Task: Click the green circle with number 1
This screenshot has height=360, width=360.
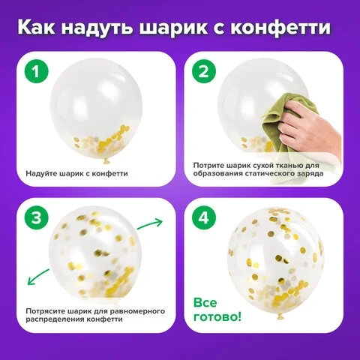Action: coord(36,72)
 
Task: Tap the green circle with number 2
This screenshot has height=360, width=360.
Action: coord(204,72)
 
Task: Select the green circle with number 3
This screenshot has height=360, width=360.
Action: coord(36,218)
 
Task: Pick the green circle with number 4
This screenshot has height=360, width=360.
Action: coord(204,218)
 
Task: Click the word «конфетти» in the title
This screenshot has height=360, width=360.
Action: coord(280,27)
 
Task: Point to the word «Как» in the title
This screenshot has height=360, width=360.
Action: coord(36,27)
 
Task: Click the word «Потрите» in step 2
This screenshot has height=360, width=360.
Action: coord(208,166)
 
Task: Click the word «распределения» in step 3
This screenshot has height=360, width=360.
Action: coord(55,319)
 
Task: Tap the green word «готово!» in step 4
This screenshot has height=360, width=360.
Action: coord(217,317)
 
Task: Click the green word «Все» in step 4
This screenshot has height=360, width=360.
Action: coord(205,303)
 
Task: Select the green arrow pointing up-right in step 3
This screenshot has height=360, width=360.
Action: coord(150,223)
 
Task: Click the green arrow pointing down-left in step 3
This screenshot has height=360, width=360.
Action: coord(38,277)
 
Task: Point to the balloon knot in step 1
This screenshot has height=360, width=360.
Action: coord(106,161)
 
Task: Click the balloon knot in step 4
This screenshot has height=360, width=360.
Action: coord(280,316)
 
